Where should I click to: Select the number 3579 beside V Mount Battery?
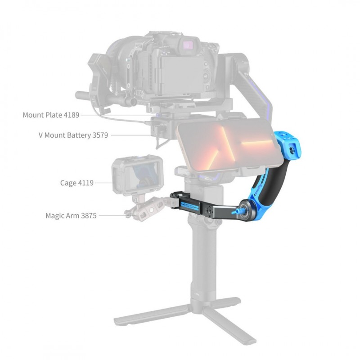click(100, 135)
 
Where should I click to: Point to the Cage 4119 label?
click(76, 183)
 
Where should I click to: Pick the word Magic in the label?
click(54, 216)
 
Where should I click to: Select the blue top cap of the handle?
click(287, 144)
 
